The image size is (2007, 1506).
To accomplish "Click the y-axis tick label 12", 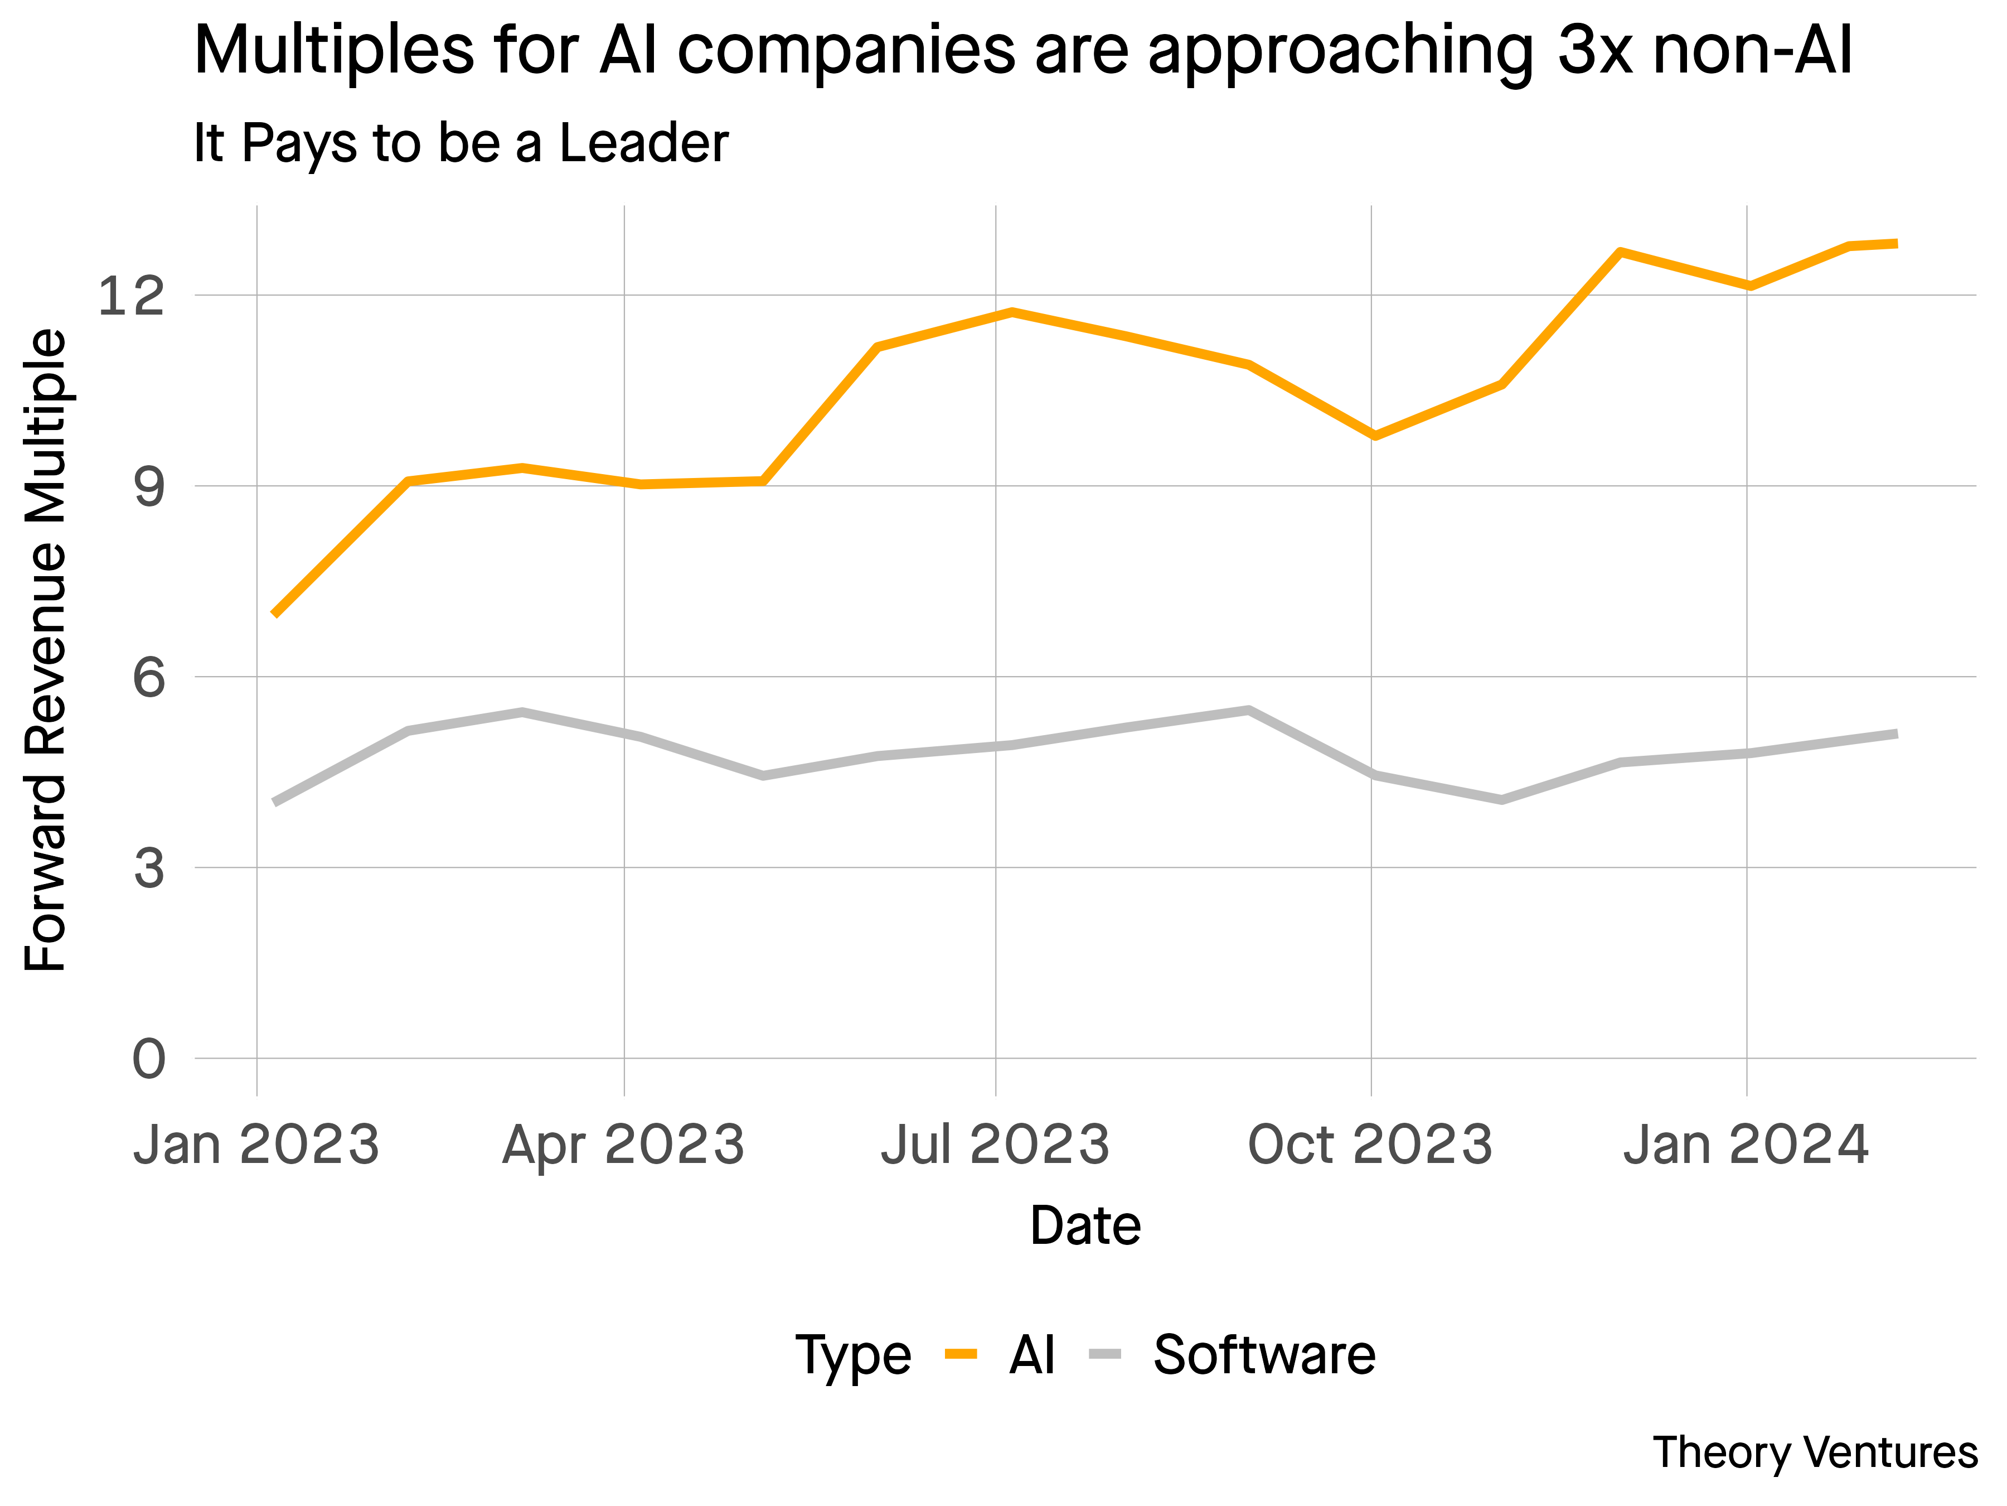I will [132, 296].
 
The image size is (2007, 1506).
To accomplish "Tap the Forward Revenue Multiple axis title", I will [45, 651].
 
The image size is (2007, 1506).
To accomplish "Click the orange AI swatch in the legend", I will [961, 1354].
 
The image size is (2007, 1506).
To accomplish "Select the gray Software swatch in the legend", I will [1105, 1354].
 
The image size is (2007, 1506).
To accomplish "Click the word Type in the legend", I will [853, 1356].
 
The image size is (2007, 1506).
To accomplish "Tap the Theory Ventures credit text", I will [1815, 1452].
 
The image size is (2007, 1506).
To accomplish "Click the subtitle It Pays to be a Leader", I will [461, 143].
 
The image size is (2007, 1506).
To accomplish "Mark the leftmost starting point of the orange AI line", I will [275, 615].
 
